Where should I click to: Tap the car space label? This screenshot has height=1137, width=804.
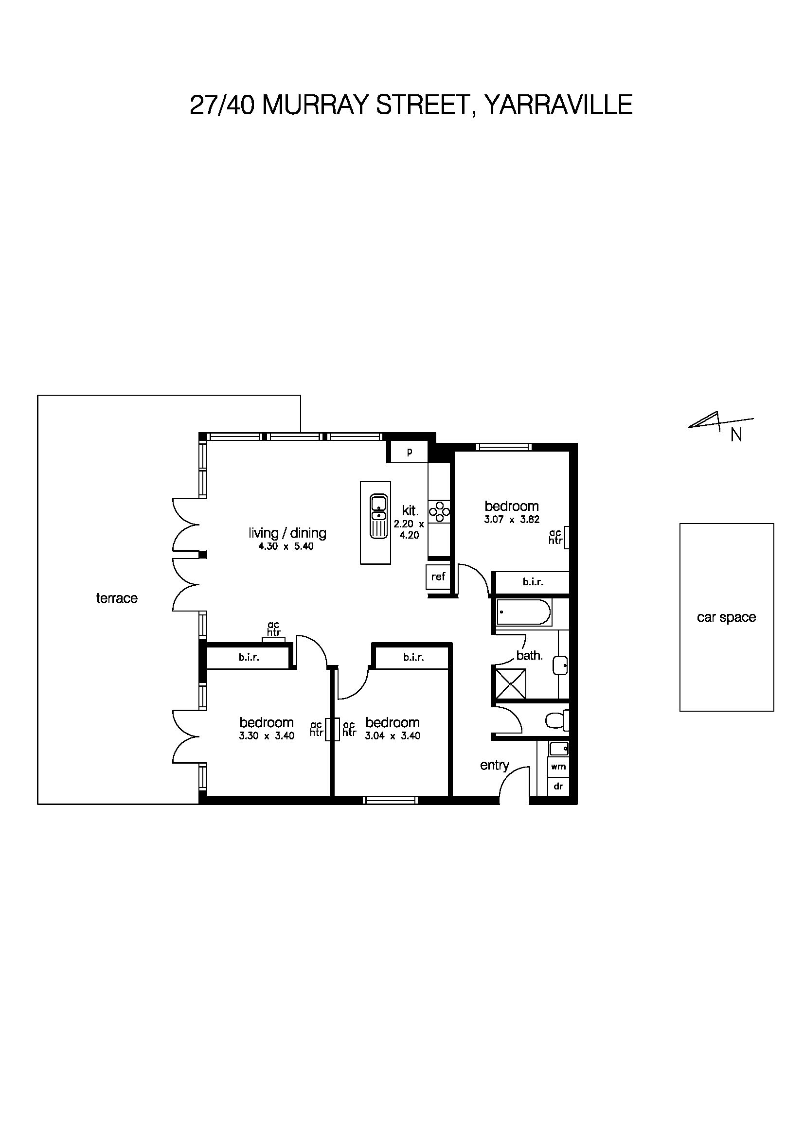pos(726,617)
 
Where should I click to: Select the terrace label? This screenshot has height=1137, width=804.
pos(117,598)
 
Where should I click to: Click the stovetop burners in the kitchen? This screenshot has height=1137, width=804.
pos(439,512)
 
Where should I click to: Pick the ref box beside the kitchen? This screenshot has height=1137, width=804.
pos(438,577)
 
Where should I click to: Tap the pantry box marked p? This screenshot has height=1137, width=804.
pos(409,452)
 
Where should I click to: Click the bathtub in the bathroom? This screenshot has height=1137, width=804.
pos(523,612)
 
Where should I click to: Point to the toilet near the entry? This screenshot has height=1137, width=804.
pos(558,720)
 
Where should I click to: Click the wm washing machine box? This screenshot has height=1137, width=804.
pos(558,767)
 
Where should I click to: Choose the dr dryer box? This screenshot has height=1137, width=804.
pos(558,787)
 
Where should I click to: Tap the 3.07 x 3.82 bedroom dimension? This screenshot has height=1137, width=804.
pos(512,520)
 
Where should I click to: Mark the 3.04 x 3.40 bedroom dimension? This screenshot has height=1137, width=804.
pos(393,736)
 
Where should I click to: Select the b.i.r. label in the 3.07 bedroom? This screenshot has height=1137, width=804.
pos(533,582)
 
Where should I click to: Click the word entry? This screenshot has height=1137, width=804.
pos(494,766)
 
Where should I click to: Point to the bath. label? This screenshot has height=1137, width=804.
pos(530,656)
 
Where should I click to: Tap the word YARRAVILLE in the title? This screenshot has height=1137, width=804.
pos(558,105)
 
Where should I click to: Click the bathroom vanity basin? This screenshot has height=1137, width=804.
pos(561,665)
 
